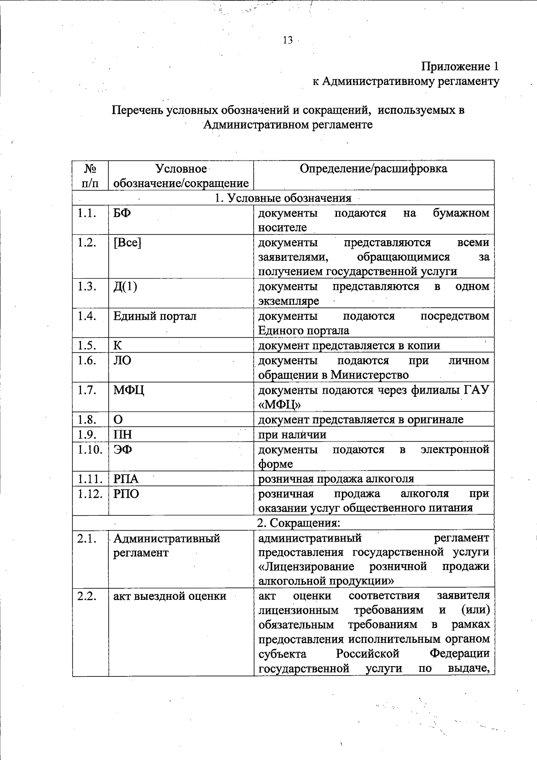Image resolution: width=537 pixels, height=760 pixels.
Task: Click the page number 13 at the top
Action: point(287,40)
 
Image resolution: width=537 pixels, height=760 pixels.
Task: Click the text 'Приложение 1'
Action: point(460,67)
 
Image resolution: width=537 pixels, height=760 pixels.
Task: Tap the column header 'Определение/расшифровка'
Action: point(373,169)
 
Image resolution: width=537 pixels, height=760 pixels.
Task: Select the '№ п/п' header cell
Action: point(90,176)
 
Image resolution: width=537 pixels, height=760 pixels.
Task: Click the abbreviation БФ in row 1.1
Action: point(122,213)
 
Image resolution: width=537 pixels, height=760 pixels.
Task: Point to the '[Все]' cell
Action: point(127,242)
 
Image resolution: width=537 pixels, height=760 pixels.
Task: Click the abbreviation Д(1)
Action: point(125,286)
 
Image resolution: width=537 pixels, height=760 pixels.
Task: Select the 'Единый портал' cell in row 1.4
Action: point(154,316)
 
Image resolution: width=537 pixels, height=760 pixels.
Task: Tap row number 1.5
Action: point(87,345)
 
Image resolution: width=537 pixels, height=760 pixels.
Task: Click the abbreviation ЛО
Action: point(122,361)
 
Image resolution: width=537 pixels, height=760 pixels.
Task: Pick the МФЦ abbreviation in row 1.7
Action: point(128,390)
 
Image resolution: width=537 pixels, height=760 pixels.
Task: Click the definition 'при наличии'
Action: point(292,434)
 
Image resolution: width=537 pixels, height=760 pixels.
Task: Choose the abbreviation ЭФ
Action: point(122,450)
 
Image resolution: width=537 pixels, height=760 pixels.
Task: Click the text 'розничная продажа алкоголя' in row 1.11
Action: point(336,479)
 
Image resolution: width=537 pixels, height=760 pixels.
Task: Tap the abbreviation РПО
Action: point(126,494)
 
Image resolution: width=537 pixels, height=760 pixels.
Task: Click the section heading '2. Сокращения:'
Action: point(298,523)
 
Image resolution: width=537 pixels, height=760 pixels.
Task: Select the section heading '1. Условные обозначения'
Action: point(283,198)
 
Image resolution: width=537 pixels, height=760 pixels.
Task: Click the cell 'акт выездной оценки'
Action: point(170,596)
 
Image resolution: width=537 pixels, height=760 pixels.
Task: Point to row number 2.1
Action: point(87,539)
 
